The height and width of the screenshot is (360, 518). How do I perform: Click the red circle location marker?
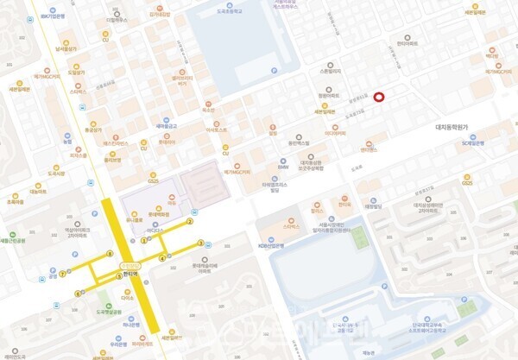[x=378, y=98]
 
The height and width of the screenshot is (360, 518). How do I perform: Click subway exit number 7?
[x=63, y=274]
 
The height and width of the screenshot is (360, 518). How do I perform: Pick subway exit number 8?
[x=110, y=253]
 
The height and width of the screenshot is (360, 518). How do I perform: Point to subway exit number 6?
[x=77, y=294]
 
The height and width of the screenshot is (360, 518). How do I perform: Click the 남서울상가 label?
[x=66, y=49]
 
